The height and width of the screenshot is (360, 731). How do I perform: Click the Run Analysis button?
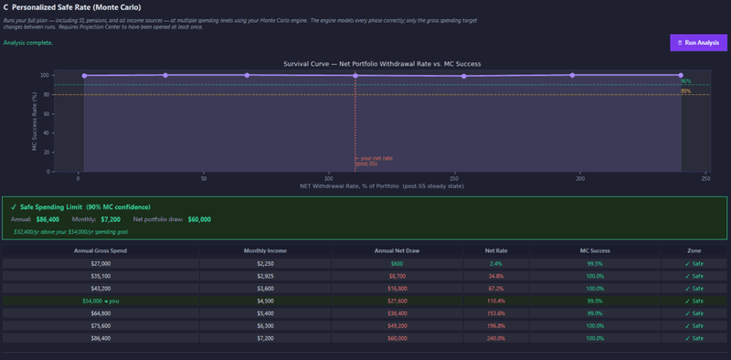click(x=698, y=43)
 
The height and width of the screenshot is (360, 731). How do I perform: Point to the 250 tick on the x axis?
click(x=705, y=179)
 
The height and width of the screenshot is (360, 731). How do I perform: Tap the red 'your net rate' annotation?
click(x=374, y=160)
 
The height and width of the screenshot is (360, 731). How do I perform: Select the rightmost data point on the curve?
click(x=681, y=76)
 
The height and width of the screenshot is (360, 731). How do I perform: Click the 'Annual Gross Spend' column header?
click(x=101, y=250)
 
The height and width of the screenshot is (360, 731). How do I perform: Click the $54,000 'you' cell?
click(x=101, y=300)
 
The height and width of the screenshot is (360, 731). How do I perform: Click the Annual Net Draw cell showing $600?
click(x=397, y=263)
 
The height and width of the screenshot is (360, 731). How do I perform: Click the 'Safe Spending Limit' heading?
click(x=84, y=207)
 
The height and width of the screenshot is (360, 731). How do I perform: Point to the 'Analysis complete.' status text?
click(x=28, y=43)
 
